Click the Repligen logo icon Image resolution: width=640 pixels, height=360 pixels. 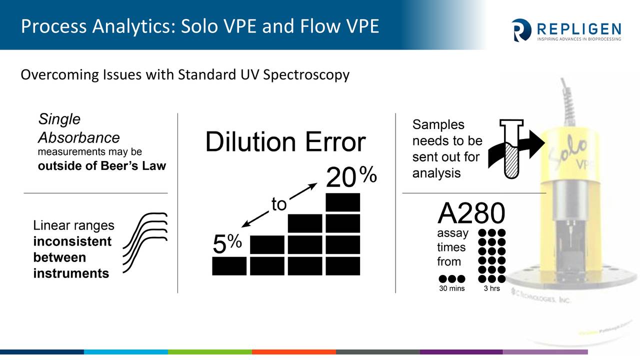pyautogui.click(x=521, y=30)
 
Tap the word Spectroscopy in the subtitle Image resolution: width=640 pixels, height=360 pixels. pyautogui.click(x=306, y=75)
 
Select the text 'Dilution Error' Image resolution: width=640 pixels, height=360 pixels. pyautogui.click(x=285, y=141)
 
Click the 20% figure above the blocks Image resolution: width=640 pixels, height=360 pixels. pyautogui.click(x=351, y=176)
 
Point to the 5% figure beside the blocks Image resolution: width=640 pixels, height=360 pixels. pyautogui.click(x=227, y=243)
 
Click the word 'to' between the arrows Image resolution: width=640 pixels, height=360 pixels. pyautogui.click(x=279, y=204)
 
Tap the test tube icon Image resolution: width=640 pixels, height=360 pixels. pyautogui.click(x=511, y=149)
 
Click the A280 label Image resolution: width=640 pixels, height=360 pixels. pyautogui.click(x=471, y=213)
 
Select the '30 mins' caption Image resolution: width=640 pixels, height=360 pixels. pyautogui.click(x=451, y=288)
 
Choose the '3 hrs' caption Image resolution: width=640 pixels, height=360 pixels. pyautogui.click(x=491, y=288)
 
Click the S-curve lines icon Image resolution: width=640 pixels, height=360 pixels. pyautogui.click(x=145, y=242)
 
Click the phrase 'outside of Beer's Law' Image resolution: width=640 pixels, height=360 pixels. pyautogui.click(x=101, y=166)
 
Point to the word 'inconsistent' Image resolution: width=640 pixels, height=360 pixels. pyautogui.click(x=72, y=241)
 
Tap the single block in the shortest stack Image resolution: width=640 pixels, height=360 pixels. pyautogui.click(x=229, y=266)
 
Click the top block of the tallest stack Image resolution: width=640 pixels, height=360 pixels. pyautogui.click(x=343, y=202)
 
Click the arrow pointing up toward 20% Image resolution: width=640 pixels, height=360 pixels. pyautogui.click(x=303, y=190)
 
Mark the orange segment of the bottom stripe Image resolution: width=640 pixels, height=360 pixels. pyautogui.click(x=294, y=352)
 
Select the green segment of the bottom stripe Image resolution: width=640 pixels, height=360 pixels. pyautogui.click(x=210, y=352)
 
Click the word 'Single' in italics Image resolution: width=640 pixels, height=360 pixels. pyautogui.click(x=59, y=119)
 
